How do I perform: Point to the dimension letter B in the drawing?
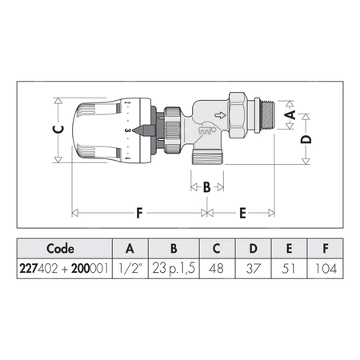(207, 186)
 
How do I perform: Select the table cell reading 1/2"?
(130, 269)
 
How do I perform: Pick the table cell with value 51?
(289, 269)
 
